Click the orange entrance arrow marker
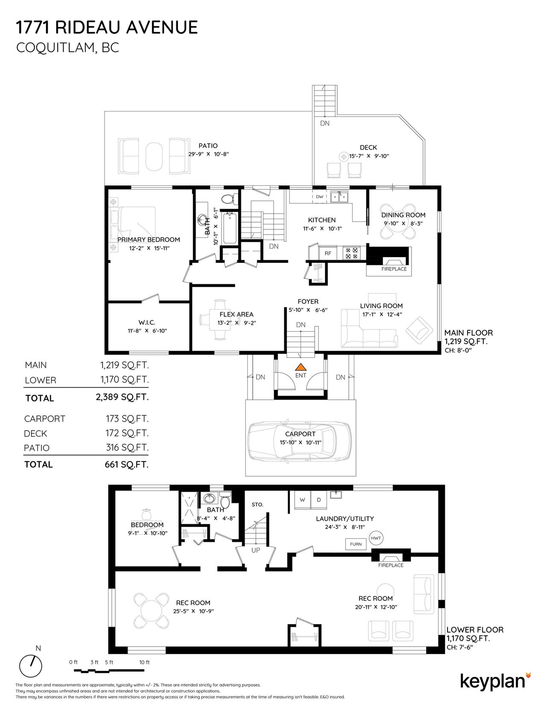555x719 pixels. (x=301, y=367)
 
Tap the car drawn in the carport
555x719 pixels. (x=301, y=443)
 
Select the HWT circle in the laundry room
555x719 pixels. (x=376, y=538)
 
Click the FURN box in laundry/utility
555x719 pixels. (x=356, y=544)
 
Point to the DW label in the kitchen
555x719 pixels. (x=320, y=197)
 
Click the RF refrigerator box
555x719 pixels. (x=328, y=253)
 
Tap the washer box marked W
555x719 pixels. (x=302, y=500)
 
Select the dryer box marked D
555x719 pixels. (x=318, y=500)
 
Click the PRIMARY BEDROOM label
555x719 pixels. (x=149, y=240)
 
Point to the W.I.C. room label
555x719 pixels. (x=146, y=323)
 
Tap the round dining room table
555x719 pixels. (x=397, y=226)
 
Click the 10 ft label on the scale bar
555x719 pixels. (x=144, y=662)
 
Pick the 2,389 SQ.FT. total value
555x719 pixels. (x=122, y=397)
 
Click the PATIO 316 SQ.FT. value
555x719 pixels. (x=127, y=447)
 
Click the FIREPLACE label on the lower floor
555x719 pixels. (x=391, y=565)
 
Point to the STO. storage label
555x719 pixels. (x=257, y=505)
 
